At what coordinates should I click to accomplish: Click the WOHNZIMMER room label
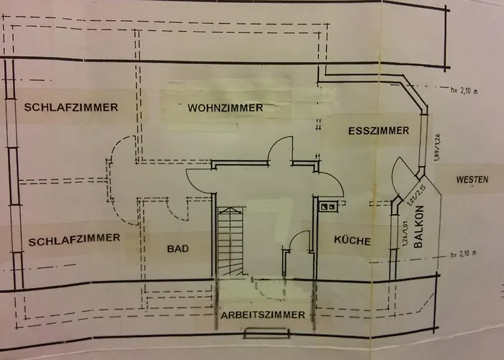click(225, 109)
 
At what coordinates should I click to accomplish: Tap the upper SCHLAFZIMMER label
click(71, 108)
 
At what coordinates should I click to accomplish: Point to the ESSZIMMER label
click(378, 131)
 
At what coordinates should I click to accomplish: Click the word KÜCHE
click(353, 241)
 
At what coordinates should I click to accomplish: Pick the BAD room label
click(177, 249)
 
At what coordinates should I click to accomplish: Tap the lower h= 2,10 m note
click(462, 253)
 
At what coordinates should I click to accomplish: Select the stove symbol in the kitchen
click(328, 207)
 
